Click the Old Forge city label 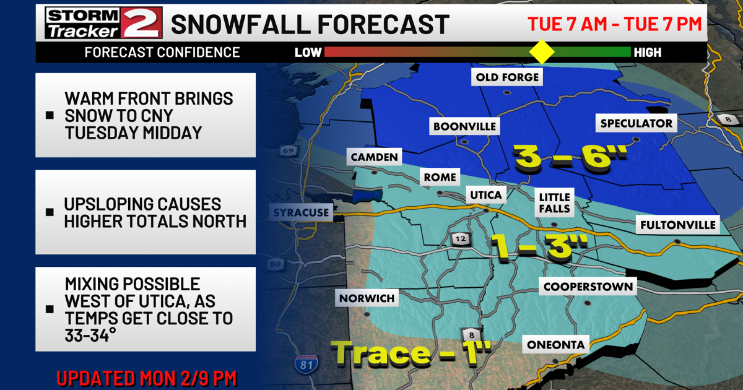click(x=507, y=77)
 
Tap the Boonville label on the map click(x=464, y=126)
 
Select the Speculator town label click(x=636, y=123)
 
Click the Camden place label click(x=374, y=157)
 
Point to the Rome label click(x=440, y=178)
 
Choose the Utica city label click(x=486, y=196)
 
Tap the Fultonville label click(x=678, y=225)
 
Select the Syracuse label click(x=300, y=213)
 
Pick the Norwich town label click(x=367, y=299)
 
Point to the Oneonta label click(x=555, y=344)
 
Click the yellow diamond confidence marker click(x=542, y=52)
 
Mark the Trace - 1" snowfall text click(x=412, y=353)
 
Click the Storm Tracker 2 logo click(x=103, y=23)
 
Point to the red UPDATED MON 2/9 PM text click(x=146, y=378)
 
